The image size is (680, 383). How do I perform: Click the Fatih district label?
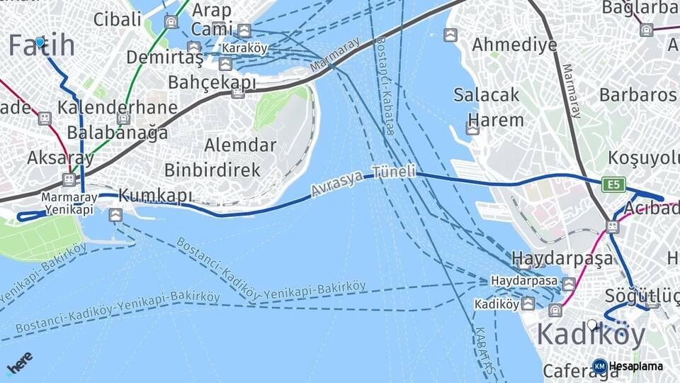(x=42, y=45)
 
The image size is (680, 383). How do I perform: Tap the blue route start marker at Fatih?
(x=40, y=43)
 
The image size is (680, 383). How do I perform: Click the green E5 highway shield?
(x=614, y=184)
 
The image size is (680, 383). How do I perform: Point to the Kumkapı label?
(x=155, y=194)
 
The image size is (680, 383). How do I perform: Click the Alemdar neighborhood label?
(x=240, y=145)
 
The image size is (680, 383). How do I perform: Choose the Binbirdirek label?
(x=212, y=170)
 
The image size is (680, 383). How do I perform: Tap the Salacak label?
(x=487, y=95)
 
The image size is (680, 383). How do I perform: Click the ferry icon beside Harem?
(x=472, y=128)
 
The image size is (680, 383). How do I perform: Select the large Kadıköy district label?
(x=591, y=333)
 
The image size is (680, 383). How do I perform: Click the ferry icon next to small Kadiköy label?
(x=528, y=304)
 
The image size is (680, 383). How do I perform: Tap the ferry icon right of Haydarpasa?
(x=569, y=284)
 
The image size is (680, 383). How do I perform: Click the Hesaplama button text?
(x=635, y=366)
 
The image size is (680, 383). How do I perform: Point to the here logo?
(x=20, y=362)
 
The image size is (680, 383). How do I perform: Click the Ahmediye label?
(x=514, y=45)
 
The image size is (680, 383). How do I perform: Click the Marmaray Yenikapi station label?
(x=69, y=204)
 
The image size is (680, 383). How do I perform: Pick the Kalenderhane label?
(x=118, y=108)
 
